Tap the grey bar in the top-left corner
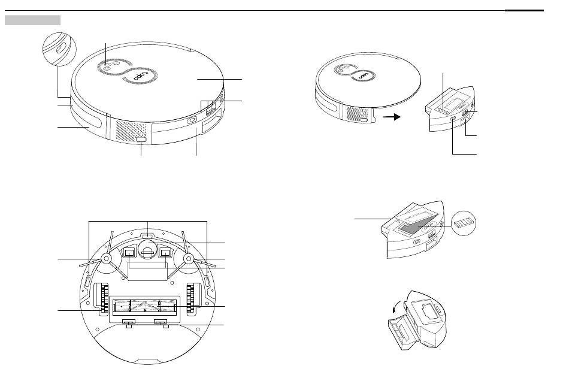pyautogui.click(x=32, y=20)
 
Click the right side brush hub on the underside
pyautogui.click(x=188, y=259)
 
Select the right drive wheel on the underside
pyautogui.click(x=192, y=299)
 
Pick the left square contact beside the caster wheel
pyautogui.click(x=130, y=253)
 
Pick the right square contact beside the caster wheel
pyautogui.click(x=165, y=253)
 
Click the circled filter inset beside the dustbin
pyautogui.click(x=466, y=223)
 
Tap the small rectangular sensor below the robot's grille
pyautogui.click(x=141, y=140)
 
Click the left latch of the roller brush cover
pyautogui.click(x=127, y=323)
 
